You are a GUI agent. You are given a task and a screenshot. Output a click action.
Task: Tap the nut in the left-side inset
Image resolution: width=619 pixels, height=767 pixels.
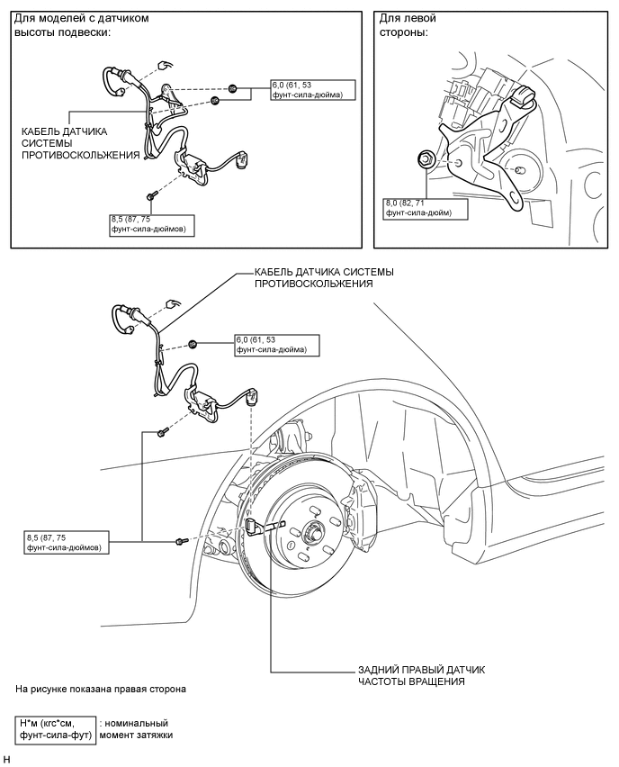[425, 160]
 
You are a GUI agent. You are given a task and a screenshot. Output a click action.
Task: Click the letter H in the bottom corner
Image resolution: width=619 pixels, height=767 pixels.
[7, 761]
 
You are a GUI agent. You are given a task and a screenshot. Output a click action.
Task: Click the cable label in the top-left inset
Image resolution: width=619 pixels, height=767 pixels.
[80, 142]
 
